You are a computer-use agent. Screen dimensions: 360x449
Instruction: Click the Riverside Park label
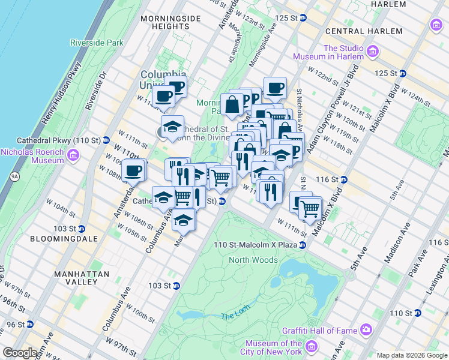pyautogui.click(x=97, y=43)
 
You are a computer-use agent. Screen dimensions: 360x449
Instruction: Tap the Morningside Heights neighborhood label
pyautogui.click(x=170, y=22)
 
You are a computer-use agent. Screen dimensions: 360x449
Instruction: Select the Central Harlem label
pyautogui.click(x=364, y=31)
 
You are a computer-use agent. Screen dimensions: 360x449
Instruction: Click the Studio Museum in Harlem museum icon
pyautogui.click(x=373, y=52)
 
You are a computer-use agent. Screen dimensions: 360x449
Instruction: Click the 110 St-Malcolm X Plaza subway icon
pyautogui.click(x=303, y=245)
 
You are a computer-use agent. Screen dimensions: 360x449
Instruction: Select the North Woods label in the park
pyautogui.click(x=253, y=260)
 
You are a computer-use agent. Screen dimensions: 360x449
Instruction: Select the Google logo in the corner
pyautogui.click(x=20, y=353)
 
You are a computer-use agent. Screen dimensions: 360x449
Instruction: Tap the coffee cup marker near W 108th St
pyautogui.click(x=133, y=170)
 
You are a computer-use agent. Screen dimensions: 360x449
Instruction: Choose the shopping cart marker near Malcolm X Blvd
pyautogui.click(x=310, y=209)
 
